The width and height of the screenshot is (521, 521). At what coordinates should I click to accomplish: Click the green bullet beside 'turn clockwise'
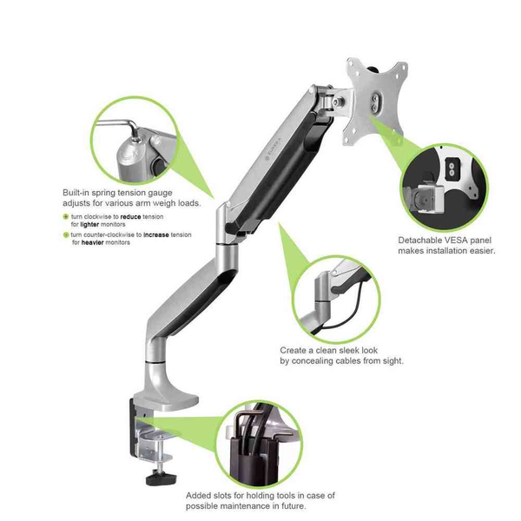click(x=65, y=216)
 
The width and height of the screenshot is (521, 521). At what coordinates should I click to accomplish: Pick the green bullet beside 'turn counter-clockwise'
click(x=65, y=234)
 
